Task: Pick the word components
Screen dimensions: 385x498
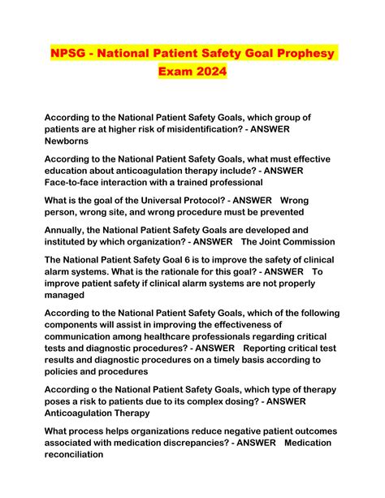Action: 80,326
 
